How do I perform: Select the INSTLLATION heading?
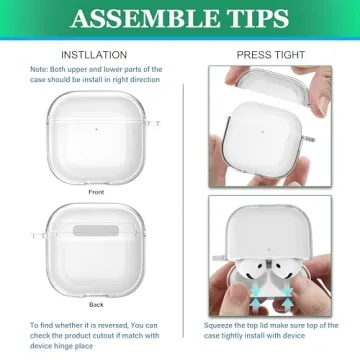94,55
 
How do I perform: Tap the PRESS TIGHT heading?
263,55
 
